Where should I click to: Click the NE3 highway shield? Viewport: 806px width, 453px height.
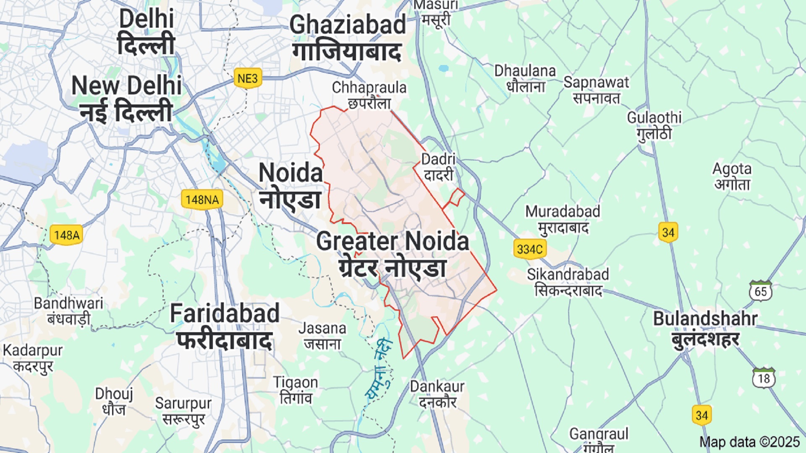pyautogui.click(x=248, y=78)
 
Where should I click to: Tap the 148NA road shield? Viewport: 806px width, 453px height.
pyautogui.click(x=202, y=200)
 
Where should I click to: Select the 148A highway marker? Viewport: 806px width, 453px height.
pyautogui.click(x=66, y=235)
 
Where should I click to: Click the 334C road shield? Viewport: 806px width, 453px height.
pyautogui.click(x=530, y=249)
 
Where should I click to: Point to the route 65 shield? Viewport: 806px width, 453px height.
pyautogui.click(x=760, y=291)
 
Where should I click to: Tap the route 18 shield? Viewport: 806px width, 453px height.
pyautogui.click(x=764, y=378)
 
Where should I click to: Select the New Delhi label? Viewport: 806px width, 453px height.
pyautogui.click(x=126, y=99)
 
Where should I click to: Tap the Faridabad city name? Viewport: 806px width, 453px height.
pyautogui.click(x=225, y=326)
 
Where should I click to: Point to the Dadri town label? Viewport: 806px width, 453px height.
pyautogui.click(x=438, y=167)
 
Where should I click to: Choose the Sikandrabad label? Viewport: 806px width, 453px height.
pyautogui.click(x=568, y=282)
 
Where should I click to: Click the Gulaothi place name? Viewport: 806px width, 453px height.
pyautogui.click(x=654, y=125)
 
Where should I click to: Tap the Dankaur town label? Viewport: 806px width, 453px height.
pyautogui.click(x=437, y=394)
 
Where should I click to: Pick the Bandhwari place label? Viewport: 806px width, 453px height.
pyautogui.click(x=68, y=311)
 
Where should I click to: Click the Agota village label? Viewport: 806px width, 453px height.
pyautogui.click(x=732, y=176)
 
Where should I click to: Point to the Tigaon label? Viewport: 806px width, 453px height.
pyautogui.click(x=296, y=390)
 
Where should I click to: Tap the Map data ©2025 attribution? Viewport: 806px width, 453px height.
pyautogui.click(x=749, y=442)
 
